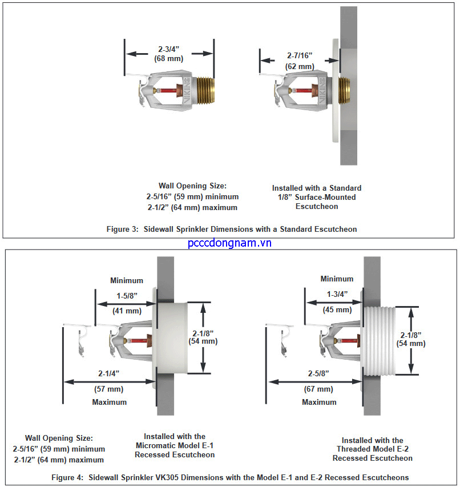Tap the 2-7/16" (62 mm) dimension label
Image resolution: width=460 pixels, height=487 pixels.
[x=299, y=62]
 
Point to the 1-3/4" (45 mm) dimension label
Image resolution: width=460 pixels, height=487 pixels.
[x=337, y=301]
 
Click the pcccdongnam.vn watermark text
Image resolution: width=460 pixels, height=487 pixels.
[x=229, y=243]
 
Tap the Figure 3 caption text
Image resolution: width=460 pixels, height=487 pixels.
[x=232, y=229]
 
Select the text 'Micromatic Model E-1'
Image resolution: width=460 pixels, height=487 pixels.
[x=175, y=445]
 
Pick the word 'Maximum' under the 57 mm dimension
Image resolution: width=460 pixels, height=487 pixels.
[x=110, y=402]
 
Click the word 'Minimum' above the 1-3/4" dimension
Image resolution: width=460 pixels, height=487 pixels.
[x=337, y=279]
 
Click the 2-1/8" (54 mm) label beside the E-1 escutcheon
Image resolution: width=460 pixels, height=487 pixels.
[x=203, y=337]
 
